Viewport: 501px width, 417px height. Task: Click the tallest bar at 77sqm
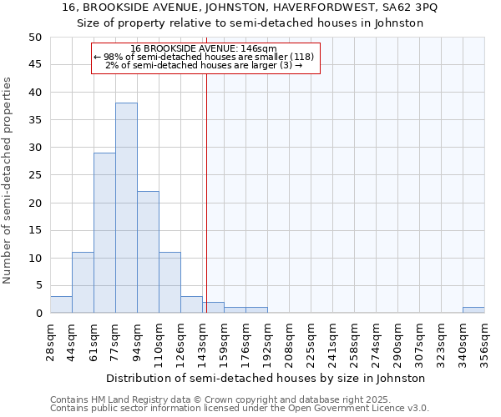(126, 208)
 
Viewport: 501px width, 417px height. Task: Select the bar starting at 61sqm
(104, 233)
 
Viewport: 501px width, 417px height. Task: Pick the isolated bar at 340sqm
(473, 310)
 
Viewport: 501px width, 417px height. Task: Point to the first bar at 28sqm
(61, 304)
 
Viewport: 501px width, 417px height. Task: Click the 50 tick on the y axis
(35, 38)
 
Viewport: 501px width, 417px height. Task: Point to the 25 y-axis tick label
(35, 175)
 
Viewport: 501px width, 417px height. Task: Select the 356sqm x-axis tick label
(485, 343)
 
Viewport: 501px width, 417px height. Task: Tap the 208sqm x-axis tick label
(290, 343)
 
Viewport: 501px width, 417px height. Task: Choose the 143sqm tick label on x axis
(203, 343)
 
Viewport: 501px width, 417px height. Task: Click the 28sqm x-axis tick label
(51, 343)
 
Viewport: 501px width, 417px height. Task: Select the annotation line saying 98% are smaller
(204, 57)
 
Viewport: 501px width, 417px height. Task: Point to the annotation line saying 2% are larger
(204, 65)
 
